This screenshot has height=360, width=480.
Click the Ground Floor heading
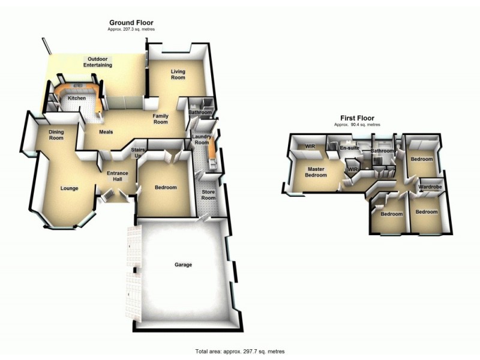click(x=131, y=22)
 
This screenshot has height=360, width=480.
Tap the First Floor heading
click(x=357, y=118)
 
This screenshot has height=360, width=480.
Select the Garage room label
click(x=183, y=264)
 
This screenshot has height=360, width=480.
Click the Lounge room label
click(x=70, y=188)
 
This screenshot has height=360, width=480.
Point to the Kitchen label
click(x=77, y=98)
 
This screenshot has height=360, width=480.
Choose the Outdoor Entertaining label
click(x=97, y=62)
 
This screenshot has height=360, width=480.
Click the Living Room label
click(x=178, y=74)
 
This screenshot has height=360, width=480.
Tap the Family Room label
click(x=160, y=118)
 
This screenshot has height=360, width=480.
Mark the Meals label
click(x=106, y=132)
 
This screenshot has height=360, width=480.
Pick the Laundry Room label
click(x=201, y=139)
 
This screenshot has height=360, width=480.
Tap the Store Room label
click(x=208, y=195)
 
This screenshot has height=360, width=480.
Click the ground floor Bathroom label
click(x=200, y=112)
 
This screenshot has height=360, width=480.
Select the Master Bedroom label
click(x=316, y=172)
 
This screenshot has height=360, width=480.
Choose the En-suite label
click(x=349, y=148)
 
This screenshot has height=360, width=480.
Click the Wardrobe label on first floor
click(x=430, y=187)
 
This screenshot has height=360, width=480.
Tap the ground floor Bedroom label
click(x=166, y=187)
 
